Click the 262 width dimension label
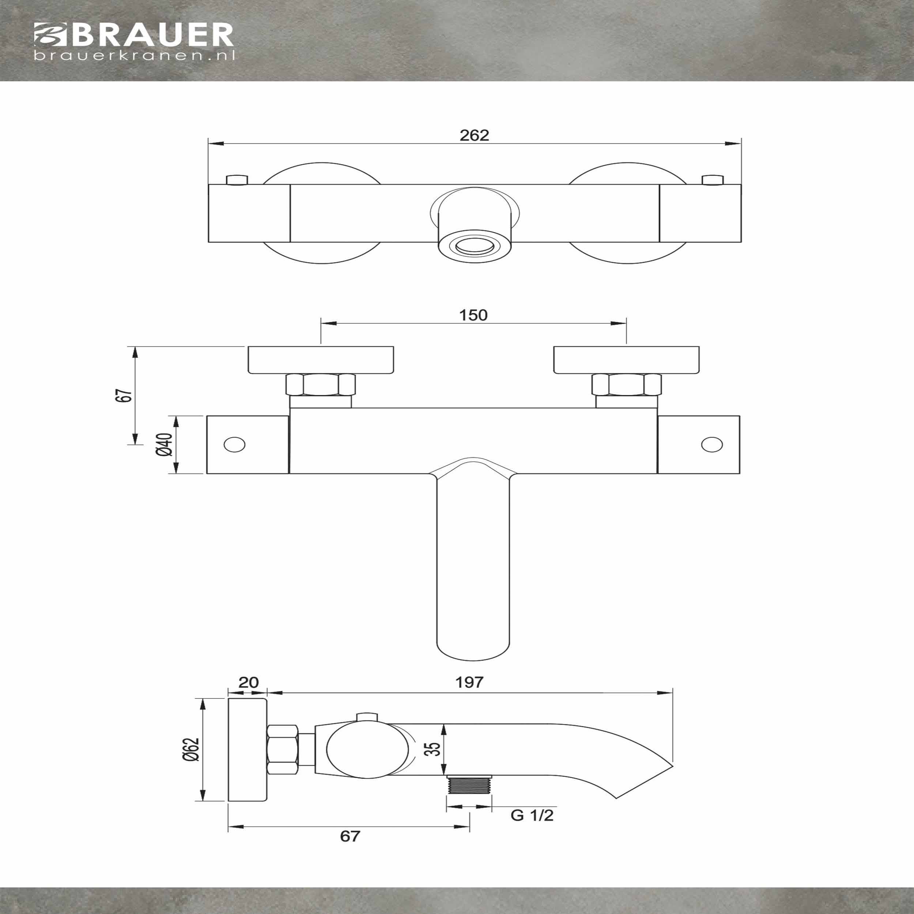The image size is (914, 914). tap(474, 135)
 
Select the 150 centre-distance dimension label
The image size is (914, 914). tap(473, 315)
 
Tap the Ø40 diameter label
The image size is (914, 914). tap(165, 444)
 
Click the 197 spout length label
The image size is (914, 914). tap(469, 682)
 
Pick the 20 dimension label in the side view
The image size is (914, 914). tap(248, 682)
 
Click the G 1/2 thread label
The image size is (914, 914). tap(532, 815)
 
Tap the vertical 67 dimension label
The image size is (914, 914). tap(124, 396)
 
